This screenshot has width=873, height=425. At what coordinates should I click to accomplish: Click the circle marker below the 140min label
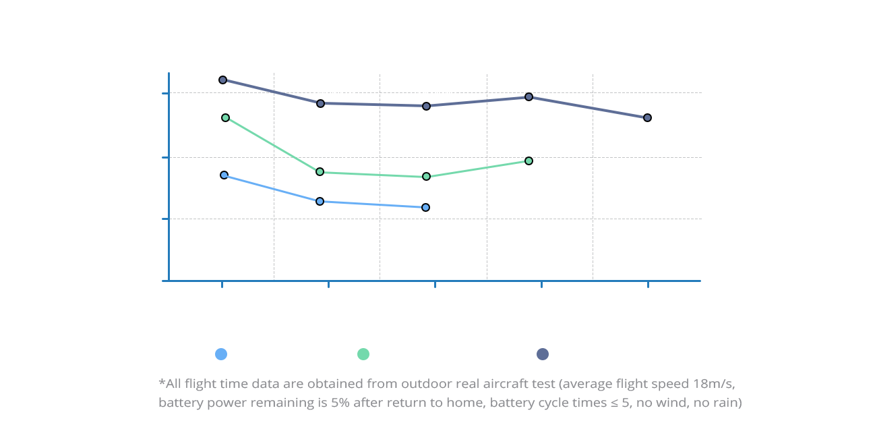click(x=320, y=104)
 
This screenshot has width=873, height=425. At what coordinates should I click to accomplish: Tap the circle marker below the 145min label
click(x=529, y=97)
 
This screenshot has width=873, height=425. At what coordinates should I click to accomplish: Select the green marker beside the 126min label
click(x=225, y=118)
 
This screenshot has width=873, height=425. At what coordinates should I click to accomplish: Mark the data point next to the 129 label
click(x=647, y=118)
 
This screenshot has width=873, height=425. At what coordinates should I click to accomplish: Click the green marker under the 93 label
click(x=529, y=161)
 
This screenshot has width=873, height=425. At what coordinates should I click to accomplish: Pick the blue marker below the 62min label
click(x=320, y=202)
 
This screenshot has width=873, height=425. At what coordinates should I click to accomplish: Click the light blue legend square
click(x=220, y=354)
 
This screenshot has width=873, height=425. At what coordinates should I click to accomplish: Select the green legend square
click(x=363, y=354)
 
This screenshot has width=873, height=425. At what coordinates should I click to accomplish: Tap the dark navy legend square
click(x=542, y=354)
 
